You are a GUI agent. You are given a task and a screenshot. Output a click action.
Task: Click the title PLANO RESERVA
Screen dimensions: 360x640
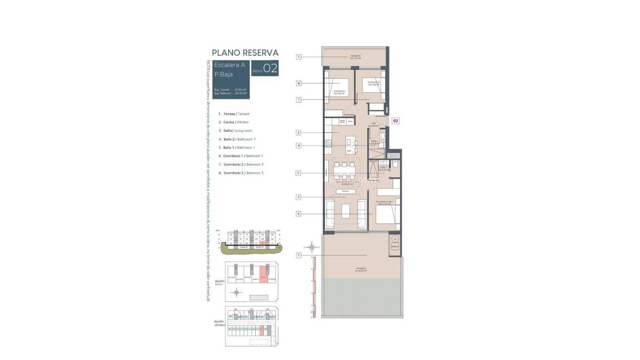(x=245, y=53)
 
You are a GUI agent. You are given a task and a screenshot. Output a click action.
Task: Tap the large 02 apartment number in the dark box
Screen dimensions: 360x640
(x=270, y=68)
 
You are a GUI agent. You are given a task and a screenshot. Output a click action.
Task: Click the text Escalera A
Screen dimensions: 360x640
(x=229, y=65)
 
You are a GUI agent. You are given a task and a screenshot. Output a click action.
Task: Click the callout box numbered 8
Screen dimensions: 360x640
(x=298, y=83)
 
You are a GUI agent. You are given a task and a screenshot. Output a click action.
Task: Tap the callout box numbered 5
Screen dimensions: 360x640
(x=298, y=173)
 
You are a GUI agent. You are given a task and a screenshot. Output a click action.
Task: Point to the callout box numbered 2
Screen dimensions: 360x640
(x=298, y=133)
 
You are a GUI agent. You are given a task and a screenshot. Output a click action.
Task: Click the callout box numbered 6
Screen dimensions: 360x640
(x=298, y=214)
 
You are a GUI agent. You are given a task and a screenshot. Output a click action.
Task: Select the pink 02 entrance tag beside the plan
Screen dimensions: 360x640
(x=395, y=120)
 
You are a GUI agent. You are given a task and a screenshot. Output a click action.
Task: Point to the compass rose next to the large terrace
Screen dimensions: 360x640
(x=312, y=246)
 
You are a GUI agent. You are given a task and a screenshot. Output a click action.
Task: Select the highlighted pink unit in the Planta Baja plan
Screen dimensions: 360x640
(x=263, y=277)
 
